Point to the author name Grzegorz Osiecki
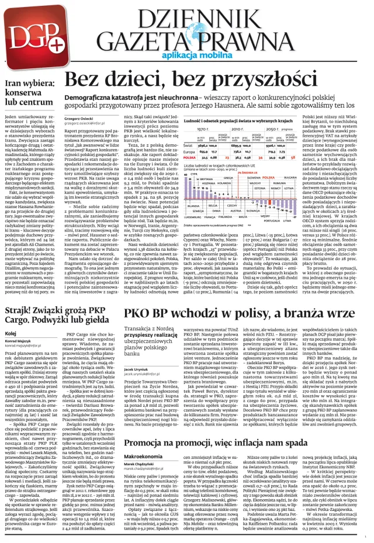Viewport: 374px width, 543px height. pyautogui.click(x=79, y=119)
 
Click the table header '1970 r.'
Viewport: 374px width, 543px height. pyautogui.click(x=203, y=129)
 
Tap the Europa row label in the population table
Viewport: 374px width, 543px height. pyautogui.click(x=191, y=152)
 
